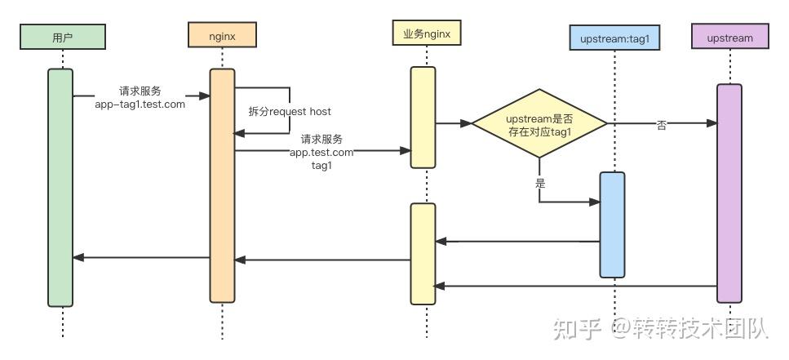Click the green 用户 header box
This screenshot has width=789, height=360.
click(63, 37)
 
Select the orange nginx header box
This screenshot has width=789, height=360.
click(223, 35)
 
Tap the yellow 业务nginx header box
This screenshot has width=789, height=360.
click(427, 33)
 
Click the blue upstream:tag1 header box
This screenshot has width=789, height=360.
click(614, 38)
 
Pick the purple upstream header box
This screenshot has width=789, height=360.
click(730, 36)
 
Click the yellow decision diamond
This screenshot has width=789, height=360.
click(539, 123)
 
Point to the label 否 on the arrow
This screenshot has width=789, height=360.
click(662, 126)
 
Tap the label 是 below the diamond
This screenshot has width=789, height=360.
click(540, 184)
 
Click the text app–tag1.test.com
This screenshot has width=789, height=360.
click(140, 104)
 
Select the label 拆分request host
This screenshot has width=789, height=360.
click(290, 111)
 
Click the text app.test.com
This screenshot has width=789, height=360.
click(321, 152)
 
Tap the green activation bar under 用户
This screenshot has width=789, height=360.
click(60, 188)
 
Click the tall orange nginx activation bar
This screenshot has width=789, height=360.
click(223, 186)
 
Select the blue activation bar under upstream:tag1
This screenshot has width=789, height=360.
click(613, 224)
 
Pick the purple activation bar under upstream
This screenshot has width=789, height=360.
click(729, 193)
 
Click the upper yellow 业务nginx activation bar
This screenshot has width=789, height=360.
click(423, 118)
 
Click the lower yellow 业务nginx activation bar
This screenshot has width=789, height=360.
click(423, 254)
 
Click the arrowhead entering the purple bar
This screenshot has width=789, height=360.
click(712, 122)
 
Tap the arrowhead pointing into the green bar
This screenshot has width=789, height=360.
click(78, 257)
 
